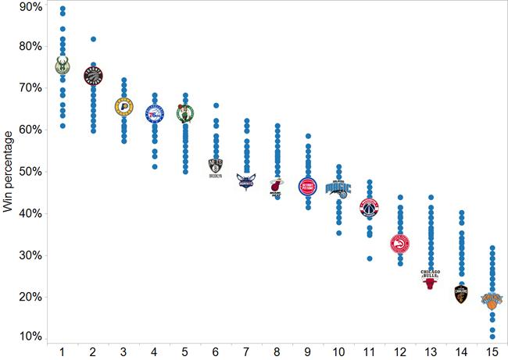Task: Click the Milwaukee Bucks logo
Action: pyautogui.click(x=63, y=68)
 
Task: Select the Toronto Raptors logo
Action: pyautogui.click(x=93, y=76)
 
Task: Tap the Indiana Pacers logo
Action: pyautogui.click(x=123, y=107)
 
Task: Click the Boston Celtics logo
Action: pyautogui.click(x=184, y=114)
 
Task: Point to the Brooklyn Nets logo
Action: pyautogui.click(x=216, y=168)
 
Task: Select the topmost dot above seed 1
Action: pyautogui.click(x=63, y=9)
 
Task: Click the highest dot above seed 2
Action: pyautogui.click(x=93, y=39)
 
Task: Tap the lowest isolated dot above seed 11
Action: pyautogui.click(x=369, y=258)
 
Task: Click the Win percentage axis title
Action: pyautogui.click(x=9, y=172)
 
